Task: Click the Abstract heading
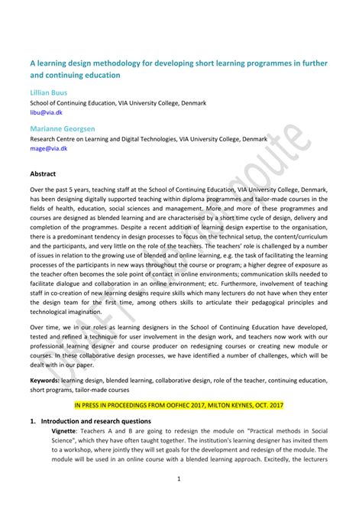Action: click(x=44, y=173)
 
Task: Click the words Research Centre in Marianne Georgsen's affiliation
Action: click(x=57, y=140)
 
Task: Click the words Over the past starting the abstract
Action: click(x=55, y=188)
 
